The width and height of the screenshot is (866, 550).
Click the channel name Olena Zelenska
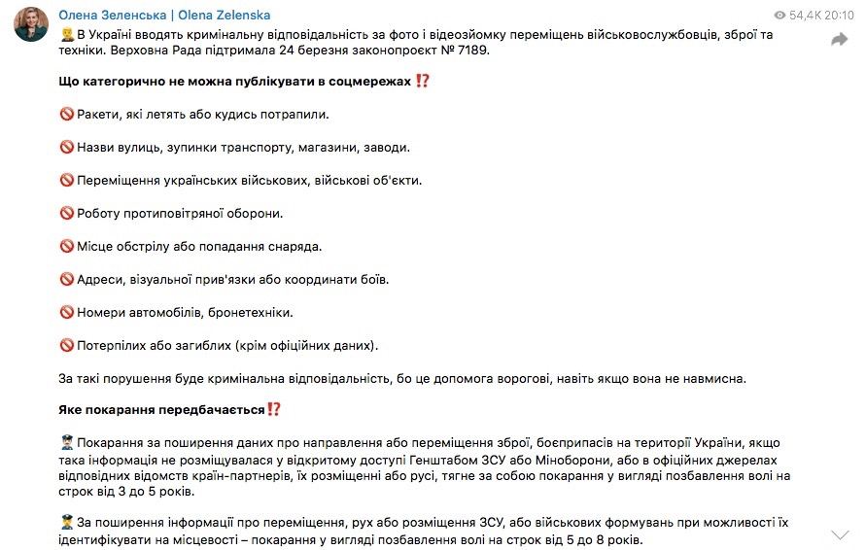[164, 16]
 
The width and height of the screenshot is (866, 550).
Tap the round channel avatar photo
[30, 27]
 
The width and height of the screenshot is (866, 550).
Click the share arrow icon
[839, 40]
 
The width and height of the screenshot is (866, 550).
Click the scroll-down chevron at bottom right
[840, 533]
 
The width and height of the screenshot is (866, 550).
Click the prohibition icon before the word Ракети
[67, 115]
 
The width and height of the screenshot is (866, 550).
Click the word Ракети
[99, 115]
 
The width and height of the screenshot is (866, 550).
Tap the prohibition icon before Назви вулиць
[67, 148]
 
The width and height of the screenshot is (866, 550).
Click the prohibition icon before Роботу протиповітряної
[67, 214]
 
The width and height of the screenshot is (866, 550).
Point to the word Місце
[96, 247]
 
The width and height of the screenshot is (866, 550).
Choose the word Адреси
[100, 280]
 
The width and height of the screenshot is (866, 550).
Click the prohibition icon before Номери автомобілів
[67, 313]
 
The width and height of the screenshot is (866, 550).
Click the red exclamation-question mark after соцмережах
[422, 82]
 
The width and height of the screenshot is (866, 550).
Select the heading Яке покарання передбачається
[161, 410]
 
